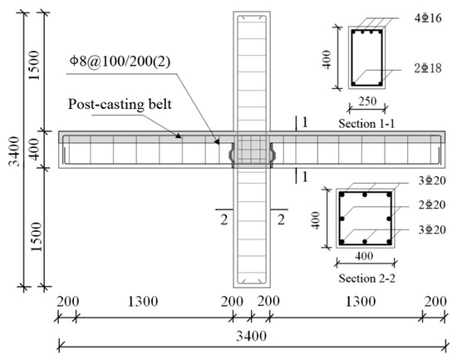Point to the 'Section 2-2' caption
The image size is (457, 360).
(363, 281)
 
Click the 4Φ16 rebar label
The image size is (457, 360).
(424, 15)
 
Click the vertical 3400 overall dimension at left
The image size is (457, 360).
(10, 150)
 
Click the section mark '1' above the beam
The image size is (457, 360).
(305, 123)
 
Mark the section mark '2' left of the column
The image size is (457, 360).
(224, 219)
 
